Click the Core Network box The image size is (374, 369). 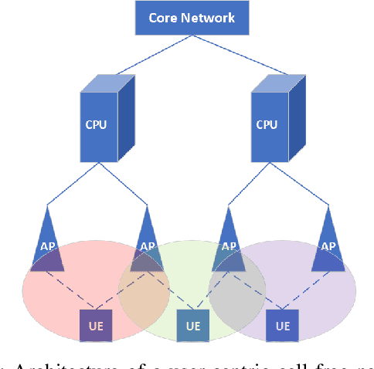(x=186, y=19)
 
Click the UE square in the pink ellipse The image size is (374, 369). (x=96, y=325)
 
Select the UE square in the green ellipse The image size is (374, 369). (x=193, y=325)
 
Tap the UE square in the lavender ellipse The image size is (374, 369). (x=280, y=325)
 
